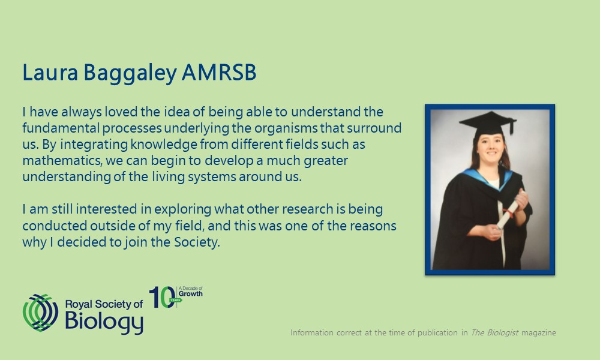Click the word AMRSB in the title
[219, 73]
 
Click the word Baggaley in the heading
[130, 73]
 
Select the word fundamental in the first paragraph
[61, 128]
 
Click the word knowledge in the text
[164, 145]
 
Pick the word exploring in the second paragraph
[183, 210]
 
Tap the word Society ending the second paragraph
[197, 242]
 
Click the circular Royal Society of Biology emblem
[41, 313]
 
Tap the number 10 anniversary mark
[162, 297]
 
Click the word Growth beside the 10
[191, 294]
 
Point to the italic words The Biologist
[494, 332]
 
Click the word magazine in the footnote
[539, 333]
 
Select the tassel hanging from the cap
[511, 127]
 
